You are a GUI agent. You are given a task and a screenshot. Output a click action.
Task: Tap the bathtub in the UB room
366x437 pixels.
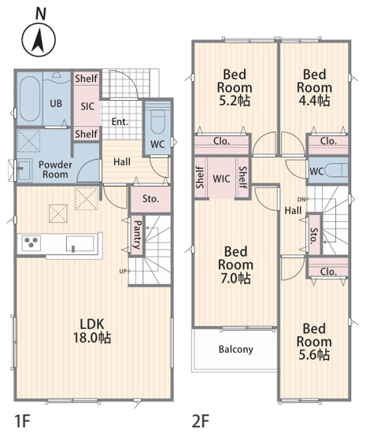[29, 99]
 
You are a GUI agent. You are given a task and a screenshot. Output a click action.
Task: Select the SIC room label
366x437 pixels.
[87, 106]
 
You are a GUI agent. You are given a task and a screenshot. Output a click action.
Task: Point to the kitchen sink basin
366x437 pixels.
[79, 244]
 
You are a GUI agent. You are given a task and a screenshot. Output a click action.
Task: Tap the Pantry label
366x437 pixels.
[137, 235]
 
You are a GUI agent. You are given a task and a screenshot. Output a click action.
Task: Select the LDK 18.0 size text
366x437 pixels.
[92, 338]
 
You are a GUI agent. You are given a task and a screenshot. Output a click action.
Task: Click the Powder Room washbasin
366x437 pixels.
[24, 169]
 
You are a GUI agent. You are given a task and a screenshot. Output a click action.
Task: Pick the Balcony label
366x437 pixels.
[235, 350]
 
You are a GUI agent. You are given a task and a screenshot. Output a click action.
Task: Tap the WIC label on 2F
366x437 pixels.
[221, 179]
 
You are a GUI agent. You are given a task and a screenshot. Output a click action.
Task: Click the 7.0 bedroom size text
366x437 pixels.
[235, 278]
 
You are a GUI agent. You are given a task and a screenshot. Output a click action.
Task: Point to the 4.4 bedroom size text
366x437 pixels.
[314, 100]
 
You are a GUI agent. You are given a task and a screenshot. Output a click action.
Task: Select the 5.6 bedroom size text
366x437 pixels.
[314, 355]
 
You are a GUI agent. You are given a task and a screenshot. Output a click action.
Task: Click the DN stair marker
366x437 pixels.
[301, 199]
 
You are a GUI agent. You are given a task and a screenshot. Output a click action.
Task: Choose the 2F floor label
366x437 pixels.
[201, 420]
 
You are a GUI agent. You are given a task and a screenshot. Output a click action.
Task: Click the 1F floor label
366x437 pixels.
[22, 420]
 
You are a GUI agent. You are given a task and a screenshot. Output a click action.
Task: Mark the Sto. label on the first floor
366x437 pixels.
[150, 198]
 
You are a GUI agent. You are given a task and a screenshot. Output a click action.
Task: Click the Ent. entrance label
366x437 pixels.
[120, 122]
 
